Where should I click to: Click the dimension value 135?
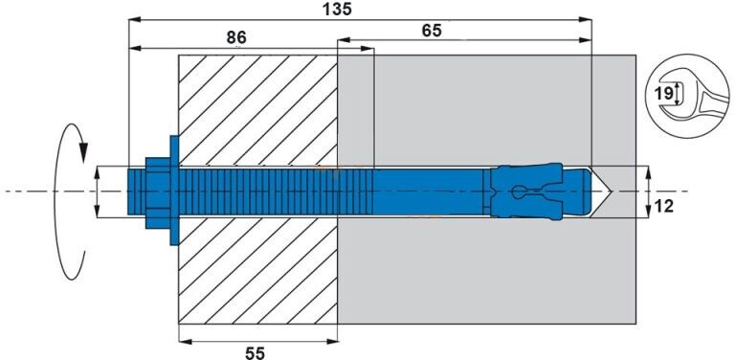(337, 9)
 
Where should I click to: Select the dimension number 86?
(236, 37)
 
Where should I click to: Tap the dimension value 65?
(432, 31)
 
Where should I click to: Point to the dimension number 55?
(255, 352)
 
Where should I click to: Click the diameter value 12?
(663, 206)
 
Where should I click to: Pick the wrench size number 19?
(664, 94)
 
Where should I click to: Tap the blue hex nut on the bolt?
(158, 192)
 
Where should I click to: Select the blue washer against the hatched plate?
(174, 191)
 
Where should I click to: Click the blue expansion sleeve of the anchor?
(526, 191)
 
